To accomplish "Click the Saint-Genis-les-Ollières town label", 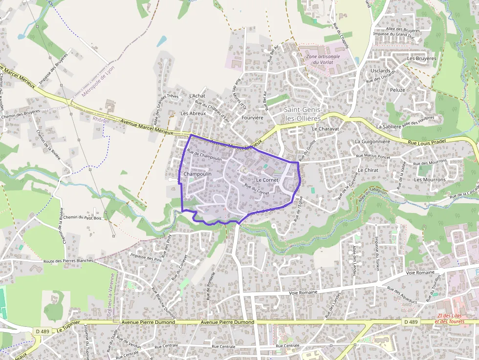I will (x=302, y=114).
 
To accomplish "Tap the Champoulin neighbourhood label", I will (x=197, y=174).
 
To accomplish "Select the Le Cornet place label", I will (x=267, y=180).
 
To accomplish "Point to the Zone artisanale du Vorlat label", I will (x=320, y=60).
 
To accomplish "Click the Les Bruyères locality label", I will (x=421, y=59).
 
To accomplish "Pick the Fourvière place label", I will (x=252, y=118).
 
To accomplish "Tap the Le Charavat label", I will (x=325, y=128).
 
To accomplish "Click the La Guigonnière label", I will (x=372, y=142).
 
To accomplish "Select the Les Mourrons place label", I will (x=430, y=179).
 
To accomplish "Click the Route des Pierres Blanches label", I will (x=68, y=261).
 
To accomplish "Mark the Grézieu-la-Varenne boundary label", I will (x=114, y=297).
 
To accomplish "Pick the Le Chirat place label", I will (x=368, y=170).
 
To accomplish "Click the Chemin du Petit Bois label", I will (x=82, y=217).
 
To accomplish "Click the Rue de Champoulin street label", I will (x=204, y=155).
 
